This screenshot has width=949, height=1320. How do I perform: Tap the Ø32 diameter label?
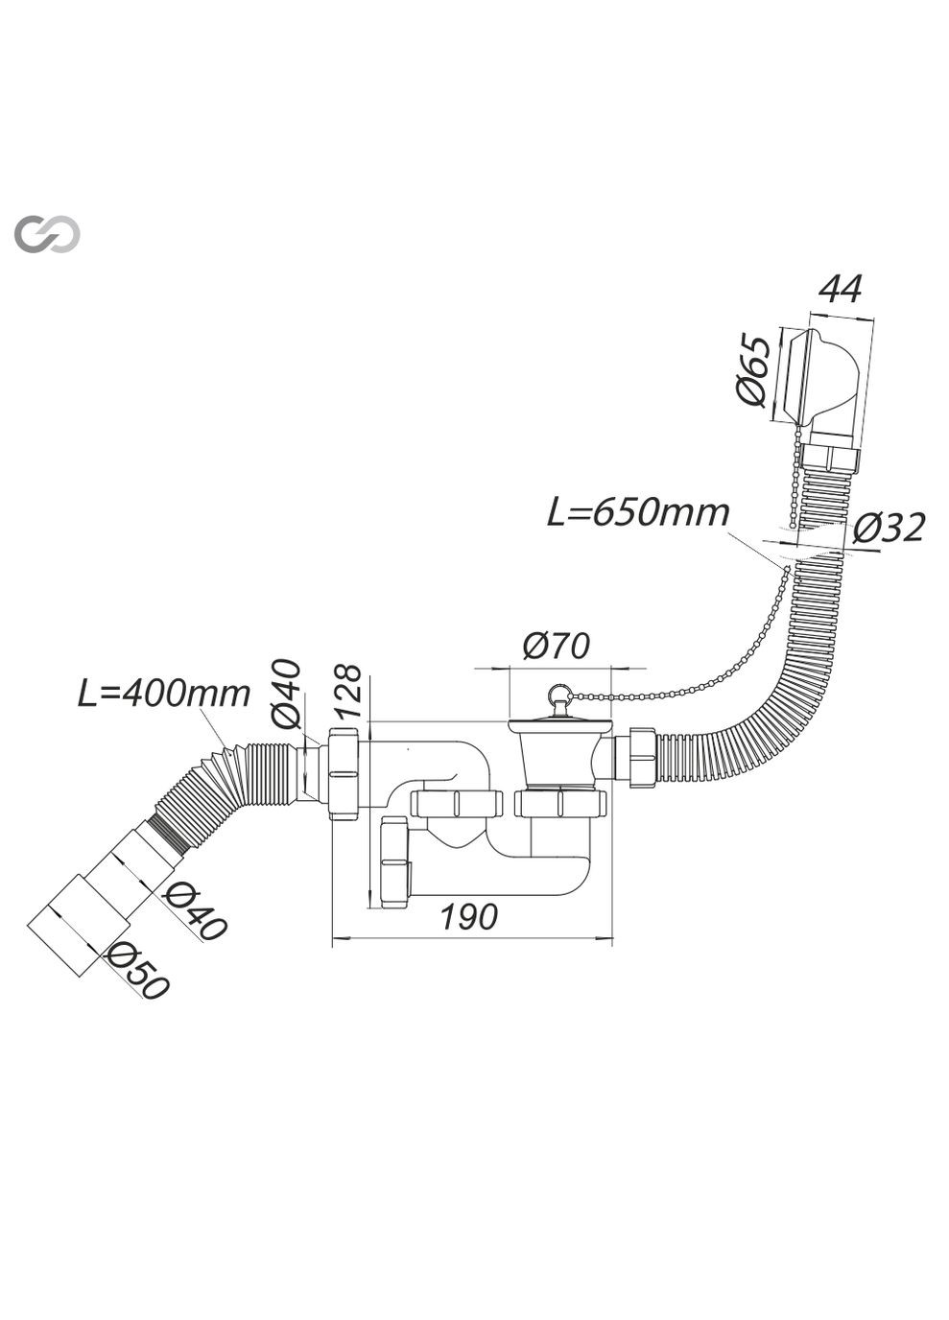[889, 527]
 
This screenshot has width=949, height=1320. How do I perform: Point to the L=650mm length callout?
[638, 512]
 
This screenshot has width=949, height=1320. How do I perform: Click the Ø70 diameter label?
[556, 647]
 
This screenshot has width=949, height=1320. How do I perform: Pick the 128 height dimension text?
[349, 691]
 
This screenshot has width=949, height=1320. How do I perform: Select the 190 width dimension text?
[469, 917]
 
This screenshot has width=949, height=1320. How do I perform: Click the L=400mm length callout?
[164, 692]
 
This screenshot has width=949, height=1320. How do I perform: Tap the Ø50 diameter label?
[138, 971]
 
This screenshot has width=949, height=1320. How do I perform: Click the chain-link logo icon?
[47, 234]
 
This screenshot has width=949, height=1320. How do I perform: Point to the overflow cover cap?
[817, 377]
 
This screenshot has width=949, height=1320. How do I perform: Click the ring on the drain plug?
[556, 694]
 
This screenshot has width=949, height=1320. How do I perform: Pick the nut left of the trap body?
[342, 773]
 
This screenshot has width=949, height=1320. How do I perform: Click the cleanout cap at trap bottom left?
[394, 862]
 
